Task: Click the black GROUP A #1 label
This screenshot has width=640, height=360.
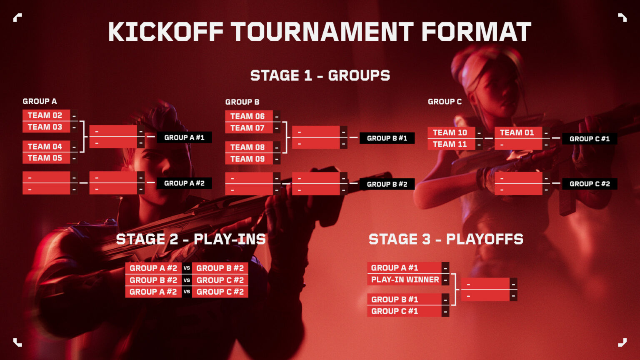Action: [x=184, y=137]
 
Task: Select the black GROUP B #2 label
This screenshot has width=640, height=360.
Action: [x=387, y=184]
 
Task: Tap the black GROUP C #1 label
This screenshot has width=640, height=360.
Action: [x=590, y=139]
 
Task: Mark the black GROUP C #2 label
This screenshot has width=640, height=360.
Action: [x=590, y=184]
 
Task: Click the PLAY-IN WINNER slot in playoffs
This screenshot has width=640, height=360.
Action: [x=405, y=280]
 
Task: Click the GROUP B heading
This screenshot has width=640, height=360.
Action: [x=242, y=102]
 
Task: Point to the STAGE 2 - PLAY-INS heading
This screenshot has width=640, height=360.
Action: [x=191, y=239]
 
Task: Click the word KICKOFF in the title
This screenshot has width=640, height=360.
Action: [x=166, y=32]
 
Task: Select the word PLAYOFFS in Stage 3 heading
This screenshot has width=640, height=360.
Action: [x=485, y=239]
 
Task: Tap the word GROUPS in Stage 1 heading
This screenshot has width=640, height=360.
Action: [x=359, y=75]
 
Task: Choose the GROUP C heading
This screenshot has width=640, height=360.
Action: [x=445, y=102]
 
